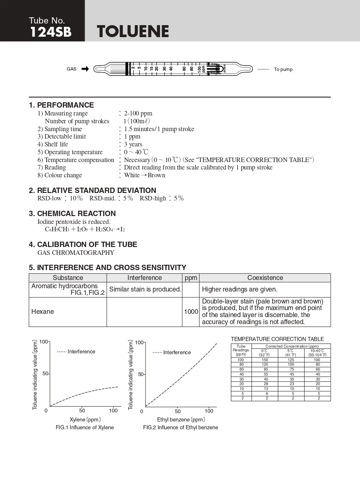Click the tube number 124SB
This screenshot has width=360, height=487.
pyautogui.click(x=50, y=33)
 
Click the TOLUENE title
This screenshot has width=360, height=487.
pyautogui.click(x=133, y=32)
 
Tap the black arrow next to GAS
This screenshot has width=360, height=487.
pyautogui.click(x=85, y=69)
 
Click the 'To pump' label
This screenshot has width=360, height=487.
pyautogui.click(x=283, y=69)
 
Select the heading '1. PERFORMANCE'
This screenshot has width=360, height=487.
pyautogui.click(x=61, y=105)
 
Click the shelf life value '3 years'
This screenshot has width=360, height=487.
pyautogui.click(x=133, y=144)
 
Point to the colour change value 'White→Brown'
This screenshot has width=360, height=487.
pyautogui.click(x=145, y=175)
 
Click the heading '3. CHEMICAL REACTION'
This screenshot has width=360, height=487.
pyautogui.click(x=72, y=214)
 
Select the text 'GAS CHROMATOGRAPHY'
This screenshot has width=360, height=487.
pyautogui.click(x=76, y=252)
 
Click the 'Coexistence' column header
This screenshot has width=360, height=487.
pyautogui.click(x=265, y=278)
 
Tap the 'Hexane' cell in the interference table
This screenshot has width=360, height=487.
pyautogui.click(x=43, y=312)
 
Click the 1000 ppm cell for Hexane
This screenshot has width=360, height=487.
pyautogui.click(x=191, y=312)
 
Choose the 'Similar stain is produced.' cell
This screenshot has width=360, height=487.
pyautogui.click(x=145, y=289)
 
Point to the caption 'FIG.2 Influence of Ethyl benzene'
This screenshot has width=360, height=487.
pyautogui.click(x=181, y=428)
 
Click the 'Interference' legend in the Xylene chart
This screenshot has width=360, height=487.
pyautogui.click(x=81, y=352)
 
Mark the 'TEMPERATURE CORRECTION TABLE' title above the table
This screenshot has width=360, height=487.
pyautogui.click(x=277, y=339)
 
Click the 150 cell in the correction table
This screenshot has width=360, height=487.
pyautogui.click(x=266, y=360)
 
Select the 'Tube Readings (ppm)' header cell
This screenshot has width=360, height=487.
pyautogui.click(x=241, y=350)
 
